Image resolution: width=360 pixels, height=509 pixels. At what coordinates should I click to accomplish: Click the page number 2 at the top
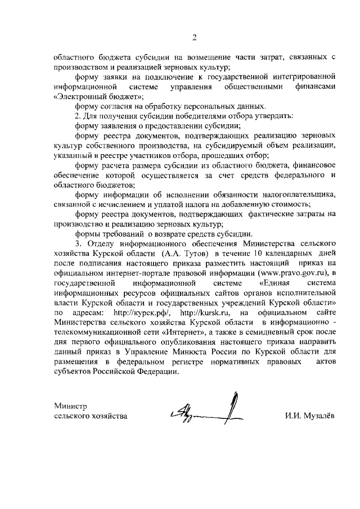tap(194, 38)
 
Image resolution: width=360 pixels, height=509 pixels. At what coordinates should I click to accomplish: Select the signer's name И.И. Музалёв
tap(309, 416)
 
